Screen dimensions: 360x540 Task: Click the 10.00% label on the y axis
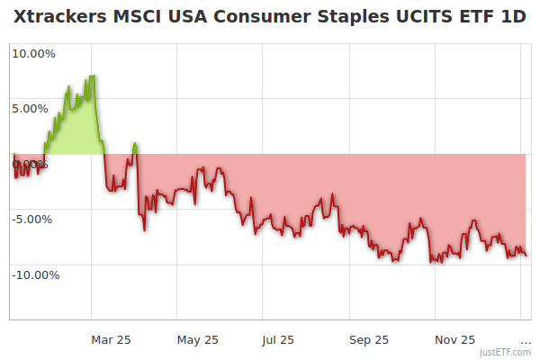(x=32, y=53)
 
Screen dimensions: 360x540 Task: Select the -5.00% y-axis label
(x=33, y=219)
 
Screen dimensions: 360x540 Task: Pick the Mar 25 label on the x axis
(x=112, y=340)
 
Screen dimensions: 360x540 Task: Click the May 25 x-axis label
(x=198, y=340)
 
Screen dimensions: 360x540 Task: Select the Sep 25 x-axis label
(x=369, y=340)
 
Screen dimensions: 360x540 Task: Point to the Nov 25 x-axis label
(x=455, y=340)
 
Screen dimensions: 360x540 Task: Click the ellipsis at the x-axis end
(x=526, y=340)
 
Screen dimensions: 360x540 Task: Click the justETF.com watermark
(x=506, y=353)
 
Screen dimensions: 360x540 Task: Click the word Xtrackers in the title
(x=58, y=17)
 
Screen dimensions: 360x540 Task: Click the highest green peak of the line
(x=93, y=76)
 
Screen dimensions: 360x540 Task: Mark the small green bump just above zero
(x=134, y=144)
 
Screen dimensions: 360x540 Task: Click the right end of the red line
(x=526, y=256)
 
